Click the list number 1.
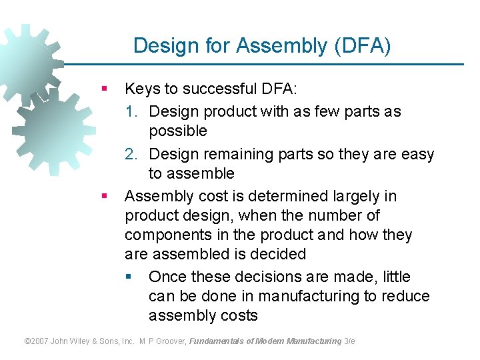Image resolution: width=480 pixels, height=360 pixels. pyautogui.click(x=131, y=111)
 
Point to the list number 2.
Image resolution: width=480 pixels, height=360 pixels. pyautogui.click(x=131, y=154)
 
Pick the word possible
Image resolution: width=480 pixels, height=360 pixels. pyautogui.click(x=178, y=131)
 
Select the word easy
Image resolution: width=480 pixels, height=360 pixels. pyautogui.click(x=416, y=154)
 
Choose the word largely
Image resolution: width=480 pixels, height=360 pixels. pyautogui.click(x=360, y=196)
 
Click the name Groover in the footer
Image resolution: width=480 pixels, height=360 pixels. pyautogui.click(x=169, y=341)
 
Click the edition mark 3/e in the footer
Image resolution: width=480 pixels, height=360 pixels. pyautogui.click(x=349, y=341)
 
